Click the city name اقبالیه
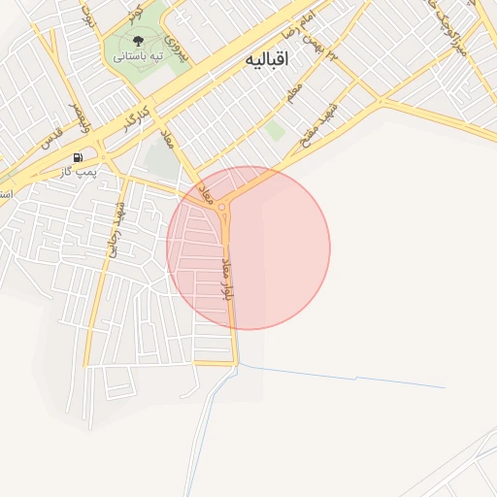pyautogui.click(x=269, y=60)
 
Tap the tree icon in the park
pyautogui.click(x=137, y=42)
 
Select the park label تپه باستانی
pyautogui.click(x=137, y=57)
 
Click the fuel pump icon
pyautogui.click(x=78, y=156)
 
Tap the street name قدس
pyautogui.click(x=51, y=131)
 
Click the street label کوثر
pyautogui.click(x=135, y=13)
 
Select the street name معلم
pyautogui.click(x=294, y=93)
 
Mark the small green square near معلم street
pyautogui.click(x=276, y=129)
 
